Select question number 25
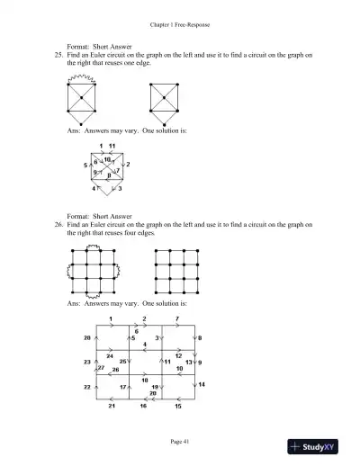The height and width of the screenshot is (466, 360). [58, 55]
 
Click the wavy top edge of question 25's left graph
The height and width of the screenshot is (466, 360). [82, 79]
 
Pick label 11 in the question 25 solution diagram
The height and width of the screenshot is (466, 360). [112, 145]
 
